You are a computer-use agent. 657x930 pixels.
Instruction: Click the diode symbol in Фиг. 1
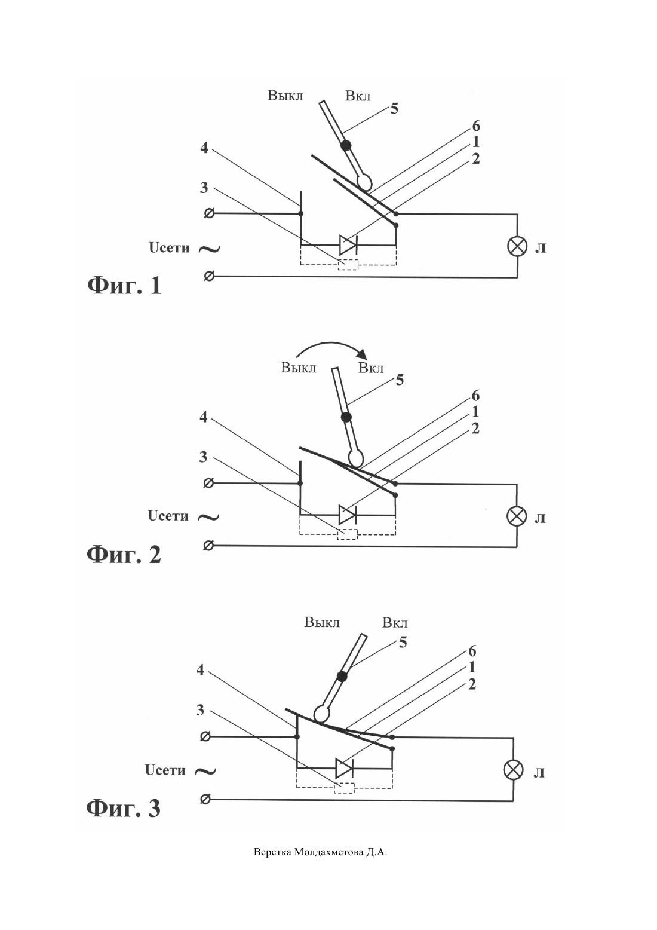pyautogui.click(x=348, y=245)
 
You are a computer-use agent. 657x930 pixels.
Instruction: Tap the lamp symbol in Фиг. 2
pyautogui.click(x=517, y=516)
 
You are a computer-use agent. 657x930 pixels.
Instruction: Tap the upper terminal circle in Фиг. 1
pyautogui.click(x=210, y=213)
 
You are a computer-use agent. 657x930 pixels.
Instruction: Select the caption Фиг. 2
pyautogui.click(x=124, y=555)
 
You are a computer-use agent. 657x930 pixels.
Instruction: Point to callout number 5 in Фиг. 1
pyautogui.click(x=394, y=109)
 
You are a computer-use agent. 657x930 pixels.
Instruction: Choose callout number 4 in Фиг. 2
pyautogui.click(x=203, y=417)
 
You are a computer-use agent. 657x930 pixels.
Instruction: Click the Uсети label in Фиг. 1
pyautogui.click(x=169, y=248)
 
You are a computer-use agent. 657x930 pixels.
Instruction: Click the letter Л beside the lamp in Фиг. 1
pyautogui.click(x=540, y=248)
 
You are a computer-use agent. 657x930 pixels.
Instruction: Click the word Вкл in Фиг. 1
pyautogui.click(x=358, y=96)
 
